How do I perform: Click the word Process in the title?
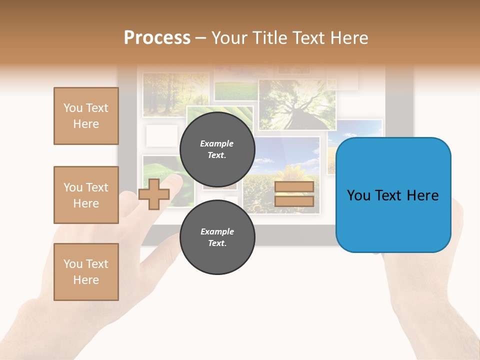click(157, 38)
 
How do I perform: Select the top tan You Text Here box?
click(86, 116)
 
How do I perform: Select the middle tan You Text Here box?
click(86, 195)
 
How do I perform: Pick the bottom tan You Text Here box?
click(86, 272)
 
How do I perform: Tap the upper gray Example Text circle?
click(217, 149)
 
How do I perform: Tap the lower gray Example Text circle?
click(217, 237)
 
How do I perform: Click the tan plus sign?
click(153, 194)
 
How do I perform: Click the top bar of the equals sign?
click(294, 186)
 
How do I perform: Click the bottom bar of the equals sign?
click(294, 201)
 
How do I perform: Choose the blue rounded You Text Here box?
click(393, 195)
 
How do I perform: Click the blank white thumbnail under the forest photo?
click(161, 135)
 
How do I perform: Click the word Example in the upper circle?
click(217, 143)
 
